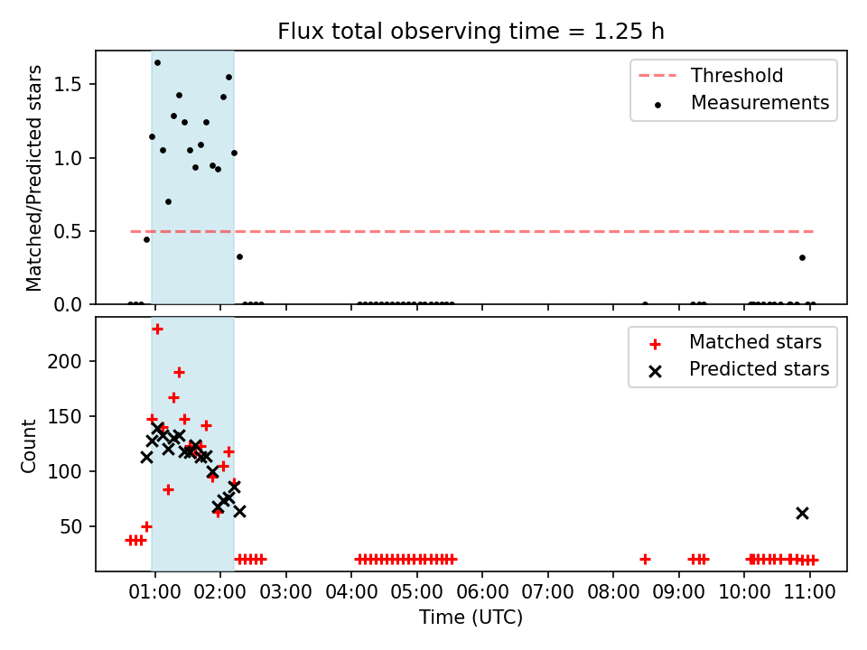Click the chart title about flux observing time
(x=471, y=31)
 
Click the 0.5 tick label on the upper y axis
(x=68, y=232)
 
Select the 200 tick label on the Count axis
(x=64, y=361)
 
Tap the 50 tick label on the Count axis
(x=70, y=526)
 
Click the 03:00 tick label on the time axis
(x=286, y=592)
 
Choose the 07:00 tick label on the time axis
(x=548, y=592)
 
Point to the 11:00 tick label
(x=810, y=592)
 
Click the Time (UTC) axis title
(x=471, y=617)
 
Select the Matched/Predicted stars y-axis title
(x=33, y=178)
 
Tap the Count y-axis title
(x=28, y=446)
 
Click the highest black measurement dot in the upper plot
(x=157, y=63)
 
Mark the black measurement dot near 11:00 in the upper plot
(x=802, y=257)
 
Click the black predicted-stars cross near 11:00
(x=802, y=514)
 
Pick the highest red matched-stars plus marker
(x=157, y=330)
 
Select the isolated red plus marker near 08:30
(x=645, y=560)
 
